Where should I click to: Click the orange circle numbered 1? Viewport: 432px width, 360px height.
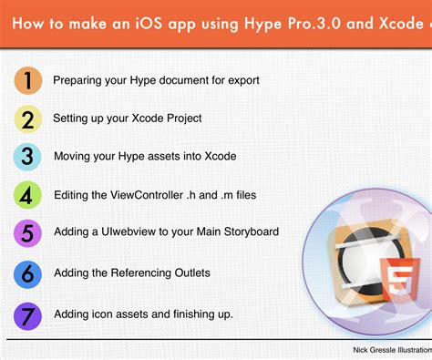point(27,80)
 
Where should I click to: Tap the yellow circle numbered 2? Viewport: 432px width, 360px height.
point(27,118)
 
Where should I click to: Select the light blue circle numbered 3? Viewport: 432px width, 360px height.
point(27,156)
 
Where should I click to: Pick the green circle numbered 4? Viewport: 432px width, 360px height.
point(27,194)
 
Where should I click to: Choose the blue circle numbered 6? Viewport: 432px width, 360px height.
point(27,273)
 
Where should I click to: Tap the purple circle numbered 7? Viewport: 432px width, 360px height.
point(27,314)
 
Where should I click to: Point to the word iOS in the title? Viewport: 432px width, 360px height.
point(150,23)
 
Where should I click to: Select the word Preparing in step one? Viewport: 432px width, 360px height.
point(77,80)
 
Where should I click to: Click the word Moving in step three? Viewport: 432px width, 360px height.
point(72,157)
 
